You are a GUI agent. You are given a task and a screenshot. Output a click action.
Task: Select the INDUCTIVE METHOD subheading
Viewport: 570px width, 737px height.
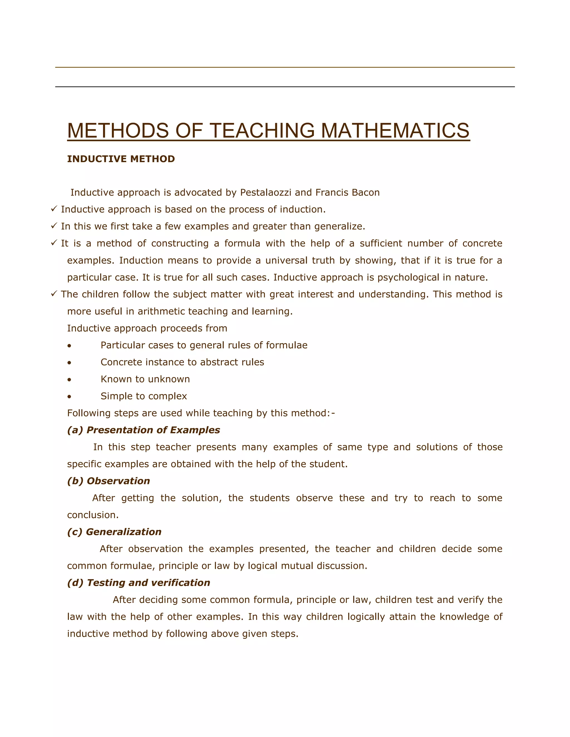point(121,159)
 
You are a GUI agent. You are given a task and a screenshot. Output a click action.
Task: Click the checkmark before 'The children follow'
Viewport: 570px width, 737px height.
point(54,294)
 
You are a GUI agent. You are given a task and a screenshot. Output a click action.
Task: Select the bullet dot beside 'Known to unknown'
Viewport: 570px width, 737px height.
point(69,380)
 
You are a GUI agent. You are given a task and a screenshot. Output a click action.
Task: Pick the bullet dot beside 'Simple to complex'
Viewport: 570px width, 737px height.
point(69,397)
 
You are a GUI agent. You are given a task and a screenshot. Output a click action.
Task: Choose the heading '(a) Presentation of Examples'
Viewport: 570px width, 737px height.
point(144,430)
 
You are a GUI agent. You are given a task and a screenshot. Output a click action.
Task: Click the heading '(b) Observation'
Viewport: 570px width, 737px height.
point(108,481)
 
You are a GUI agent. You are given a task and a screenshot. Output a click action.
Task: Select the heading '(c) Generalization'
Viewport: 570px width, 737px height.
point(114,532)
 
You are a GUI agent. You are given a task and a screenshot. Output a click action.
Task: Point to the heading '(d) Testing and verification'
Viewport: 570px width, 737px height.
point(138,583)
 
